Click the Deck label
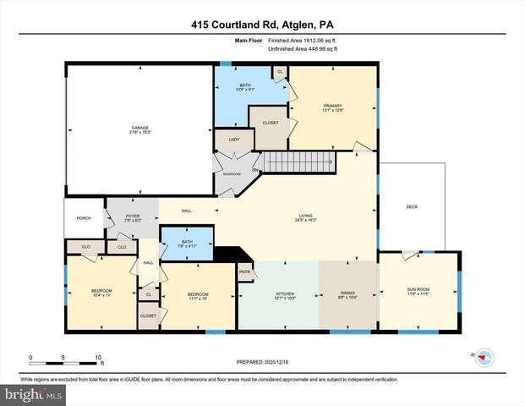pos(412,206)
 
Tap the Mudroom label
pos(232,173)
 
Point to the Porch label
pos(84,218)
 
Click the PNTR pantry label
pos(245,272)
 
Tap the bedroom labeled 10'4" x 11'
pos(101,294)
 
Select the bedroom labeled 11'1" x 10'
pos(197,297)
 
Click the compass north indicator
pos(484,357)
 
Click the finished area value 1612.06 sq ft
pos(302,41)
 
